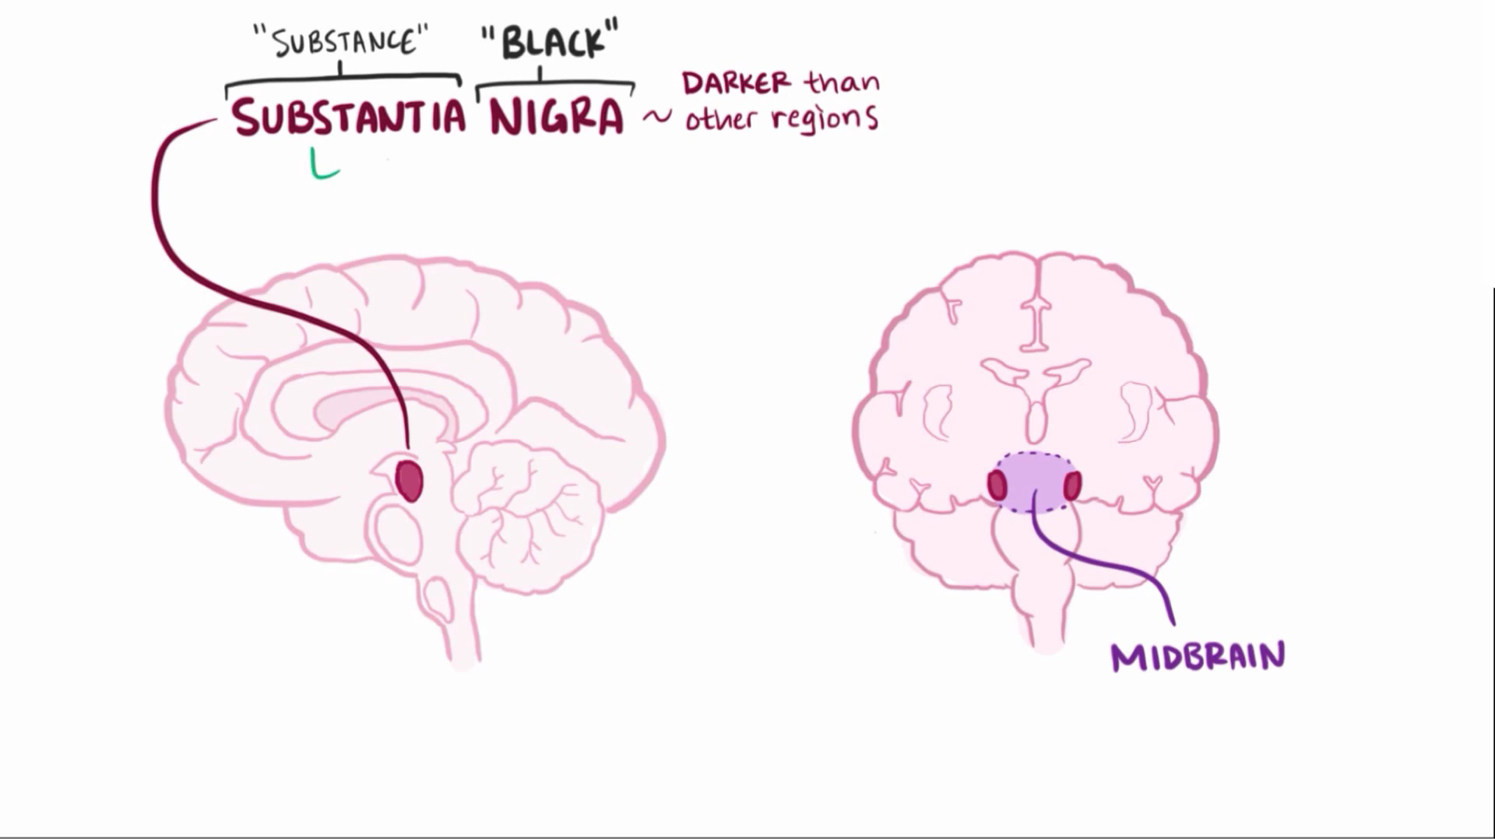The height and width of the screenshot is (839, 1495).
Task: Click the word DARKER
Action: (737, 82)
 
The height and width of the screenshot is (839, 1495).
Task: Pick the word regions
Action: (825, 119)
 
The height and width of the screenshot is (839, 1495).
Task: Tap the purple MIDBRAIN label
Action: (1198, 657)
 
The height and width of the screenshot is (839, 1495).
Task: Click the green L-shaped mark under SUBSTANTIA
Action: (323, 165)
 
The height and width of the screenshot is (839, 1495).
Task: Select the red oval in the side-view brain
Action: (409, 480)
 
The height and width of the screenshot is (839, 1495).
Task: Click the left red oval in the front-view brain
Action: (997, 486)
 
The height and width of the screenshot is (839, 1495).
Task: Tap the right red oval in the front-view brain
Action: (1072, 486)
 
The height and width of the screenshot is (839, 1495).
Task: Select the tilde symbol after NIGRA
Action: (656, 118)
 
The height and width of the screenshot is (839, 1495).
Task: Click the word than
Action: (842, 81)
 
